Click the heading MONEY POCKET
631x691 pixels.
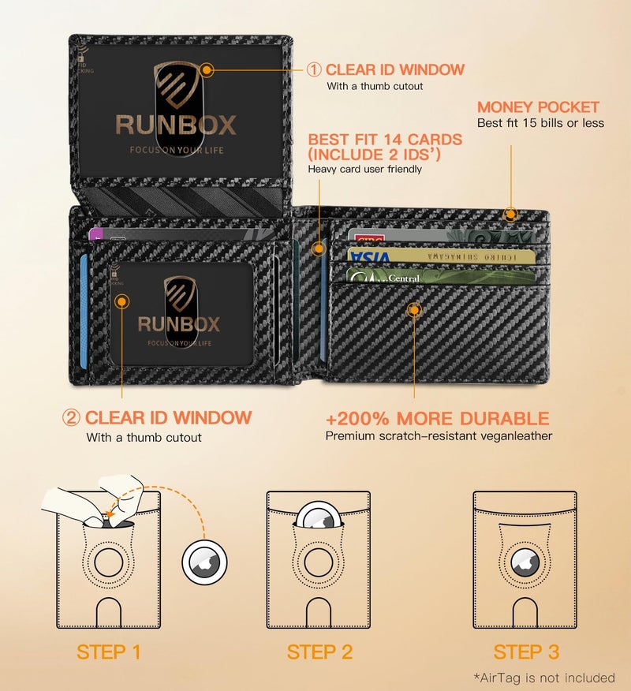pyautogui.click(x=538, y=106)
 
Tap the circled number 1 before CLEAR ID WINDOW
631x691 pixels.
pyautogui.click(x=314, y=69)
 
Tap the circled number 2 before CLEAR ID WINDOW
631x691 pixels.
pyautogui.click(x=73, y=418)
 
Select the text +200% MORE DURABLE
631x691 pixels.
pyautogui.click(x=437, y=418)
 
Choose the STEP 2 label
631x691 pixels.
pyautogui.click(x=319, y=652)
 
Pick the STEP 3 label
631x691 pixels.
pyautogui.click(x=526, y=652)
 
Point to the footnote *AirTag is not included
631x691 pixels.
pyautogui.click(x=543, y=678)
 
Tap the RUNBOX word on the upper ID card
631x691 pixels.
pyautogui.click(x=175, y=125)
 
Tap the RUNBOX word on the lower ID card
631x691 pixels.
pyautogui.click(x=179, y=323)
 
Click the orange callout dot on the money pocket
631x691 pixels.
pyautogui.click(x=511, y=213)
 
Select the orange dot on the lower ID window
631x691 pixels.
pyautogui.click(x=121, y=300)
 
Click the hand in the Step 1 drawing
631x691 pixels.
pyautogui.click(x=91, y=499)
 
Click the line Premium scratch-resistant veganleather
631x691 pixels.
pyautogui.click(x=439, y=435)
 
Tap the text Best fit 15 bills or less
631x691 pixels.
pyautogui.click(x=540, y=123)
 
